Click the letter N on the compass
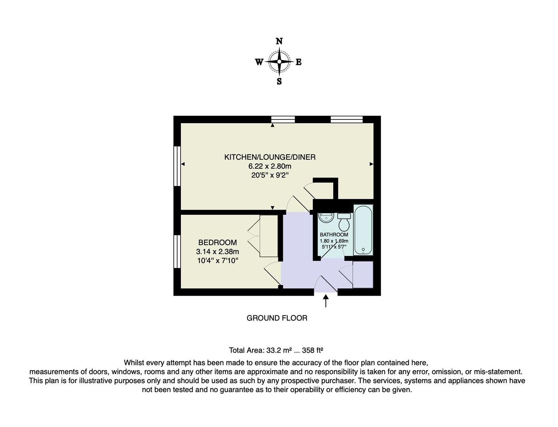coord(279,41)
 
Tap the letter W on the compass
coord(259,62)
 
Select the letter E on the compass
coord(299,62)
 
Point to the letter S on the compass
coord(279,82)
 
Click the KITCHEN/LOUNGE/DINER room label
coord(270,157)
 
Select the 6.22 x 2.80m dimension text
coord(270,166)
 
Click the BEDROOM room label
coord(217,242)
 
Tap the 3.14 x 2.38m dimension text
coord(217,251)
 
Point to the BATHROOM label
coord(334,234)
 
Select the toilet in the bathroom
coord(344,222)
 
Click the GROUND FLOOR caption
coord(277,318)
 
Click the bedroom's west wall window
coord(177,251)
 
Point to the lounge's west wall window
coord(177,166)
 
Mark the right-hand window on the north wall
coord(347,119)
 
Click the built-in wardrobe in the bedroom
coord(269,236)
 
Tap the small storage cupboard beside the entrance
coord(363,274)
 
